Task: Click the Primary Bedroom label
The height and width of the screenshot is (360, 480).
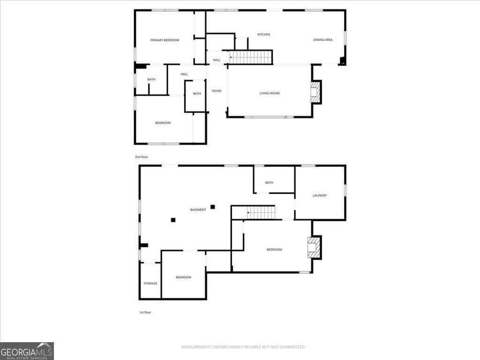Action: pos(165,40)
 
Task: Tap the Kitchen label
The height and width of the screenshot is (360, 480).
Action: pos(264,34)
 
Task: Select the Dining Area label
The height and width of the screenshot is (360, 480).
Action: pos(323,40)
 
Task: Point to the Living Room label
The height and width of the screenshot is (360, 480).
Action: pos(270,93)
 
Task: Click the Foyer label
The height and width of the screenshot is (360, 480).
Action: pos(217,91)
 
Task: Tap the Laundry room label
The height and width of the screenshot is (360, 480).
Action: pos(320,195)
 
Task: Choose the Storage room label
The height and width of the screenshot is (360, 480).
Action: pos(150,284)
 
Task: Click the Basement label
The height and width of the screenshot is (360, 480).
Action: pos(198,210)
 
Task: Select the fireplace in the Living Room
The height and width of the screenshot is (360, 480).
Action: pos(316,92)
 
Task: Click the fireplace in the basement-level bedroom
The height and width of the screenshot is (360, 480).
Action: pos(314,248)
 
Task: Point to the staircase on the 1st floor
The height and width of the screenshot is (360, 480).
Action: pos(260,213)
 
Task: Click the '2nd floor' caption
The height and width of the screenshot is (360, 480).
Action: pos(141,157)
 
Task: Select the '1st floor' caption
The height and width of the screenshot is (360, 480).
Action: pos(145,312)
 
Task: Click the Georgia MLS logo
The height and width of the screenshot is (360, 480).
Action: pos(27,351)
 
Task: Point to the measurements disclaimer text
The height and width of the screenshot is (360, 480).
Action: pos(243,347)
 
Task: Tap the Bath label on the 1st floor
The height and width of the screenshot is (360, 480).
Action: pos(269,183)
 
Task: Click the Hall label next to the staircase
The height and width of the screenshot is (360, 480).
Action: pos(217,60)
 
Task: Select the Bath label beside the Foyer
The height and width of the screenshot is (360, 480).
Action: pos(197,94)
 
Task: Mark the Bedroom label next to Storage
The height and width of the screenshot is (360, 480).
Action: pos(183,277)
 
